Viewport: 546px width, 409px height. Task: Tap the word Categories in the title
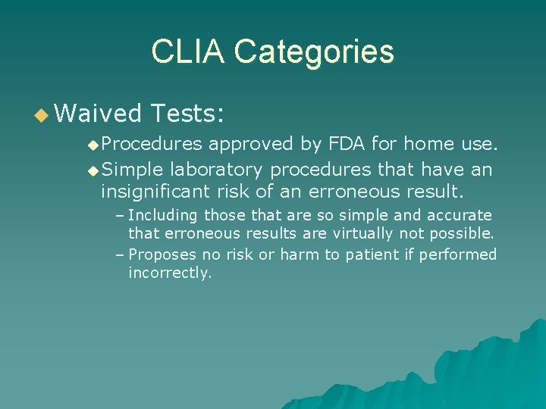tap(314, 52)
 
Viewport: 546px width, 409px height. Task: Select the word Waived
tap(99, 114)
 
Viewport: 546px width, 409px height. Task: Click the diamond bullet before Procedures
tap(93, 144)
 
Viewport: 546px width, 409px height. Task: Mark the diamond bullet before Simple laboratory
tap(93, 170)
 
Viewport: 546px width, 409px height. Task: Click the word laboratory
tap(218, 169)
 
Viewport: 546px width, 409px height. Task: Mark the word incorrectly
tap(170, 273)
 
